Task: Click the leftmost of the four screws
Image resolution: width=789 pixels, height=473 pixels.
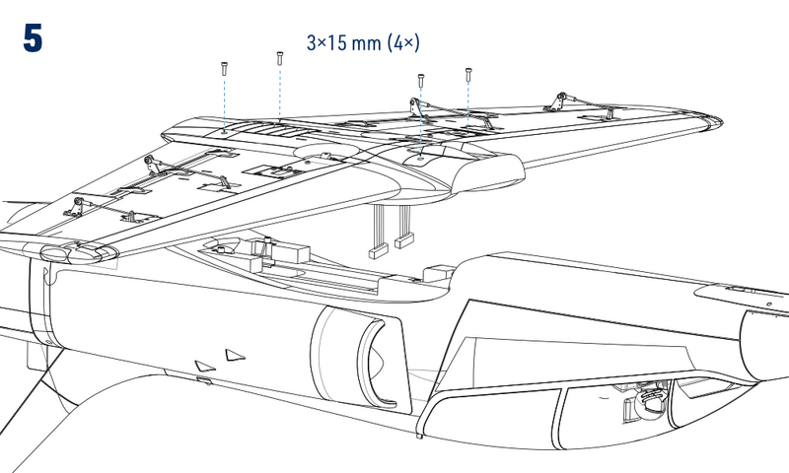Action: [224, 68]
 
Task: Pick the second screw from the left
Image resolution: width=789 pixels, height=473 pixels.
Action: [280, 58]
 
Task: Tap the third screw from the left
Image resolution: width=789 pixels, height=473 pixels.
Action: [422, 79]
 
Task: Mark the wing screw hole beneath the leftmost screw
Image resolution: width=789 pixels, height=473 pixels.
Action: [224, 129]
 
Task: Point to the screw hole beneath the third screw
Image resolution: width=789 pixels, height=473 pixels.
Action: [422, 156]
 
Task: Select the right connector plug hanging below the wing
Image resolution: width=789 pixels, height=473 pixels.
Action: [402, 239]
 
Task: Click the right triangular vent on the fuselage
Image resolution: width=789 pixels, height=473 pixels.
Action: [233, 354]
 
